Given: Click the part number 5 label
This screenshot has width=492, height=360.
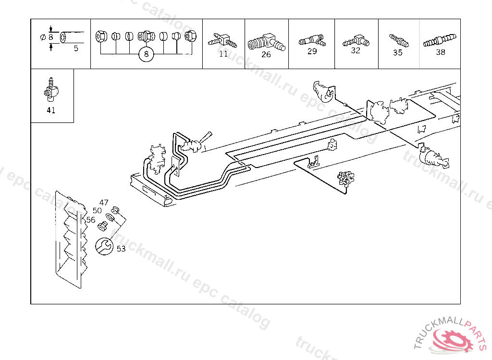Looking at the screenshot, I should (x=76, y=48).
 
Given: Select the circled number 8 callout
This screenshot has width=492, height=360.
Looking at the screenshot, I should (x=146, y=55).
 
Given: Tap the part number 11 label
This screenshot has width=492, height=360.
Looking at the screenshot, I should (x=223, y=54).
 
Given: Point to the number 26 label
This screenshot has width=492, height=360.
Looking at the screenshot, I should (x=266, y=54).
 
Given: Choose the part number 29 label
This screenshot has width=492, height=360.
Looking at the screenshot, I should (x=312, y=51).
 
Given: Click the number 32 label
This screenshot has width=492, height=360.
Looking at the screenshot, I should (x=356, y=50).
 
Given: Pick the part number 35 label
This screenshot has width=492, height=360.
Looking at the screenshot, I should (x=398, y=53).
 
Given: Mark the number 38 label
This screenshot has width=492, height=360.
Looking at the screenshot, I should (x=441, y=52).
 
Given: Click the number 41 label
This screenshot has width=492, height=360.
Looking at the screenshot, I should (x=51, y=110).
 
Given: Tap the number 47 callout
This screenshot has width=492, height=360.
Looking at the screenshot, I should (x=104, y=203).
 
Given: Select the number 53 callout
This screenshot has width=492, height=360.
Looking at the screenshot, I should (x=121, y=249).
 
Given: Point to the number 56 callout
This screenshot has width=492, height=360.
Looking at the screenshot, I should (x=91, y=220).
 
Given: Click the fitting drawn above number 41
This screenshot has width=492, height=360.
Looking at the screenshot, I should (x=50, y=91).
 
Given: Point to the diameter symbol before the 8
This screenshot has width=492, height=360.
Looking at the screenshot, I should (x=43, y=37).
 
